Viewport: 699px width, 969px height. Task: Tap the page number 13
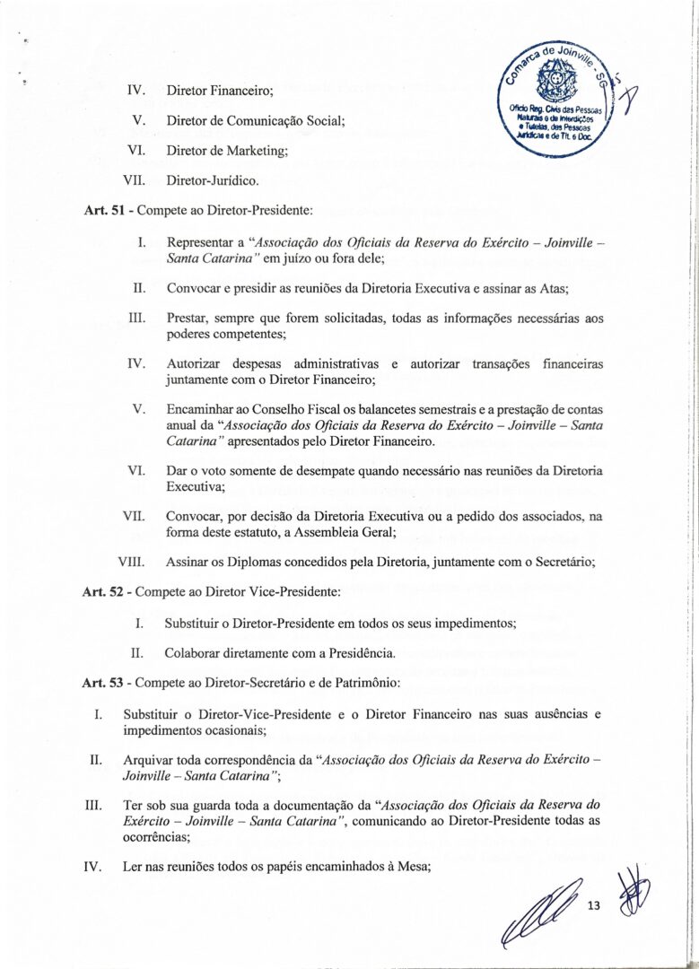point(592,907)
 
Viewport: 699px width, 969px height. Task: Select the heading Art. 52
point(100,592)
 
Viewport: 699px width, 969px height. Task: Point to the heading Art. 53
point(100,683)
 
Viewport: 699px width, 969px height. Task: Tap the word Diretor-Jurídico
point(213,181)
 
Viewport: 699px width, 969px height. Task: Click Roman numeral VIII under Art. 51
point(132,563)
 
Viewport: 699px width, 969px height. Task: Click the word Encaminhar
point(201,409)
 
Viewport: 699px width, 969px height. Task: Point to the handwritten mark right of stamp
point(627,90)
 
